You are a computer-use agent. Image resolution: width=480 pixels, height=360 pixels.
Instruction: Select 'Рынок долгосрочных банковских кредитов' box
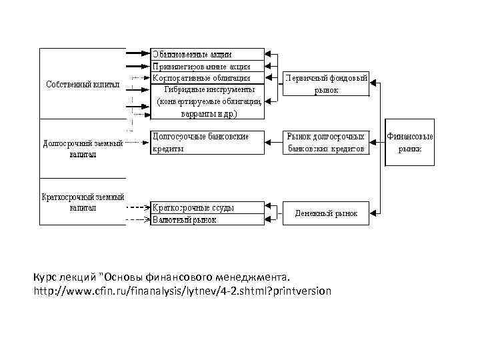327,143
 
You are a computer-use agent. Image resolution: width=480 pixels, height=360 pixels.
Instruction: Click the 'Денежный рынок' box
327,214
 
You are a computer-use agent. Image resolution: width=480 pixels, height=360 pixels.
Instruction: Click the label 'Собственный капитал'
82,85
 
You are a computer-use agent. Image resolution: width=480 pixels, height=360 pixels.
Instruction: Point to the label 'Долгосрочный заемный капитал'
83,148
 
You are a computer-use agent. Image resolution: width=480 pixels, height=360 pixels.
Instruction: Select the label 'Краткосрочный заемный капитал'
83,203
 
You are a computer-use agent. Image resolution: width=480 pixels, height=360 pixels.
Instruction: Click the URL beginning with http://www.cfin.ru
181,291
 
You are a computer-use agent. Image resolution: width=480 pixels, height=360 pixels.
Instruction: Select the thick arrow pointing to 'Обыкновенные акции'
137,53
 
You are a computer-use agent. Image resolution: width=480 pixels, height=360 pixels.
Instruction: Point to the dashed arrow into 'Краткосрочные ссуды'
137,207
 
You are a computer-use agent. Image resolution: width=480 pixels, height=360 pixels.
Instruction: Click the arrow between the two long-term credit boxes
275,142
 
